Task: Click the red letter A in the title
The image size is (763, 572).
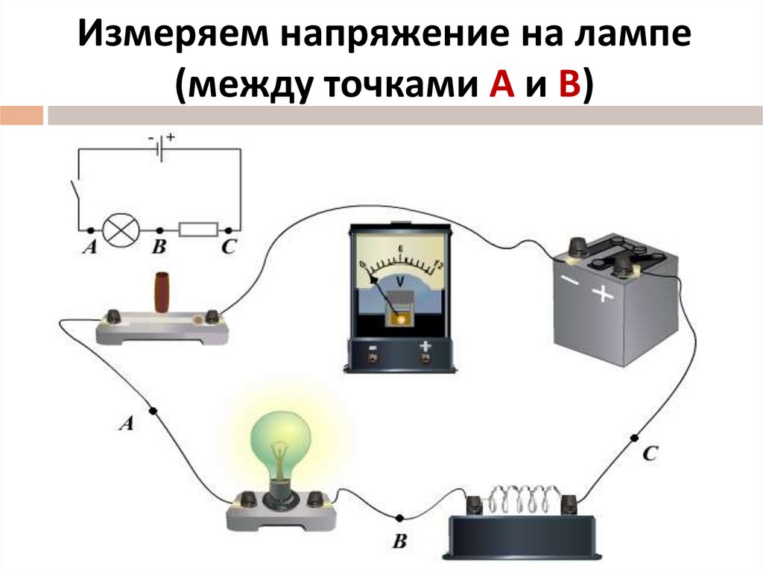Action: [499, 87]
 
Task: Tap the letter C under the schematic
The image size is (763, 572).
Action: [228, 248]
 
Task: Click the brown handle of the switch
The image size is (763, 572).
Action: [160, 292]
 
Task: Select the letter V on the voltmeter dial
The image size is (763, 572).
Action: [400, 282]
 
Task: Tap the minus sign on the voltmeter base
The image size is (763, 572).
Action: [371, 346]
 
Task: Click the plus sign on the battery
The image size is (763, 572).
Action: [602, 295]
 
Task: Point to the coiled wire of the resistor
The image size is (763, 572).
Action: [523, 496]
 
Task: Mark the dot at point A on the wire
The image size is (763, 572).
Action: [153, 410]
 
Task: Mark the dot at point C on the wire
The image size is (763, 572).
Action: [635, 438]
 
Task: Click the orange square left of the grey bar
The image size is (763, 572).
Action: [21, 116]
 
